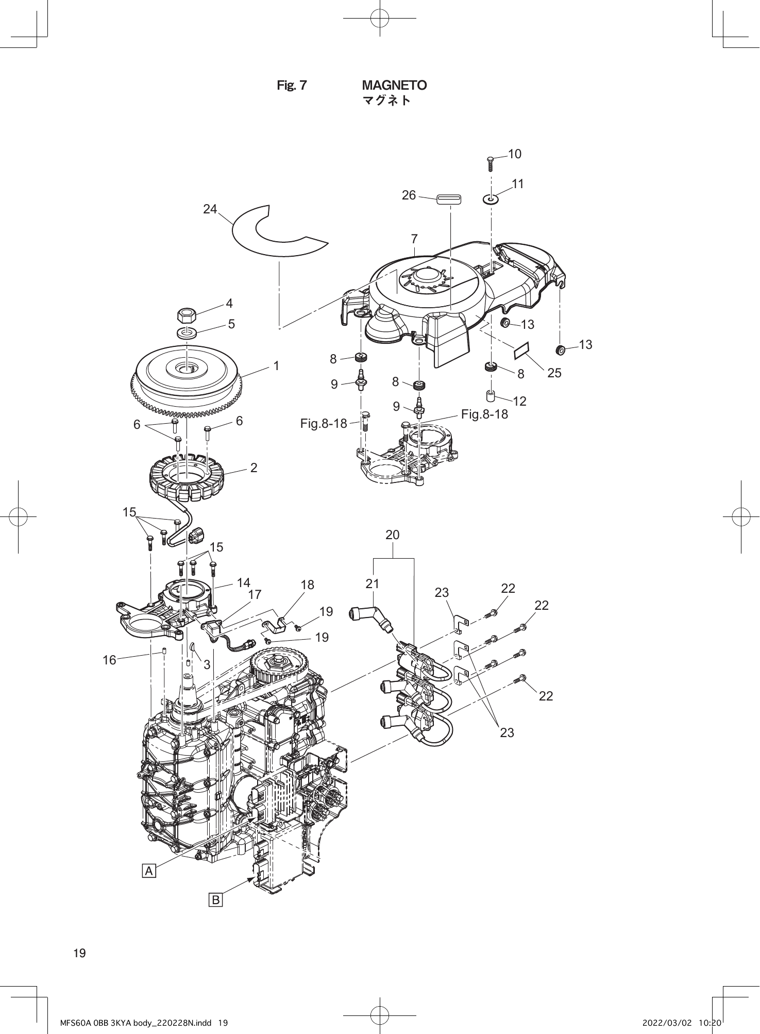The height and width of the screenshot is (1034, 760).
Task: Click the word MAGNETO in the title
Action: pos(394,85)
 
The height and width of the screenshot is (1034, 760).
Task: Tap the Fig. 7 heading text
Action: pos(292,86)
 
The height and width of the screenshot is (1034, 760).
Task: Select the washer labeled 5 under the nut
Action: pos(187,333)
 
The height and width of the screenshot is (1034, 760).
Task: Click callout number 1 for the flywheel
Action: pos(276,366)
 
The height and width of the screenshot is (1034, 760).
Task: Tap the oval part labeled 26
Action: pos(449,199)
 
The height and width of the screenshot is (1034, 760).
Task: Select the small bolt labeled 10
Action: pos(490,163)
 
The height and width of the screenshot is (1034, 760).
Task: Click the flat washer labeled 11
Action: pos(491,198)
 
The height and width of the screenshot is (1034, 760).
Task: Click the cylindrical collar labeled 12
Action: pos(491,397)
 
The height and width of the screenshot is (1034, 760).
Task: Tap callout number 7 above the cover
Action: pos(414,239)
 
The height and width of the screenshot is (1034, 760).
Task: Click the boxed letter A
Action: pos(149,871)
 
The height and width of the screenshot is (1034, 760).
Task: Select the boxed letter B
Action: pos(215,900)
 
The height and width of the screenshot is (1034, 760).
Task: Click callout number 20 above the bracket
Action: pos(393,535)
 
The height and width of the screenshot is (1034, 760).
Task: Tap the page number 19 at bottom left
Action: pos(80,953)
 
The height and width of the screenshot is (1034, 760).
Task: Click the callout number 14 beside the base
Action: pos(243,582)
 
